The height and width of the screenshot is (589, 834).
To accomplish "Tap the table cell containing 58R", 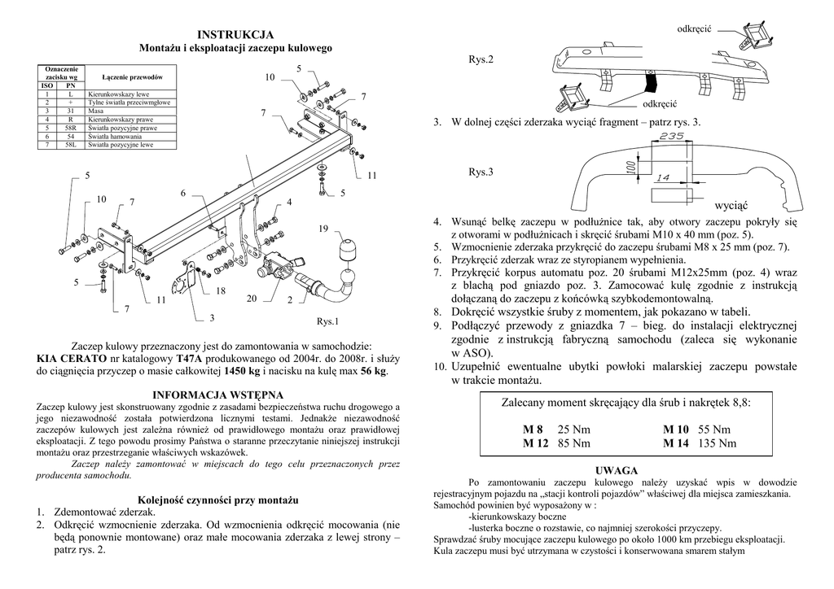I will coord(71,129).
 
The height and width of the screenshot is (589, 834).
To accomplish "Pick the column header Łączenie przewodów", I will coord(132,76).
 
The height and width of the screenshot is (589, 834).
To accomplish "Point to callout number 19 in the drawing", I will coord(323,229).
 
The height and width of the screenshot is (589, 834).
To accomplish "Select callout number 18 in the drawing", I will coord(221,290).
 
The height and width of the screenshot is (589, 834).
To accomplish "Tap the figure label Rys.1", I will coord(326,321).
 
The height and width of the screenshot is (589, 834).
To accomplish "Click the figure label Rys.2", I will coord(481,60).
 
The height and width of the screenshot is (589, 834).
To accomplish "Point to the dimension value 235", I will coord(672,137).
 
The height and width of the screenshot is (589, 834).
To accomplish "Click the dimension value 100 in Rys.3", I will coord(630,166).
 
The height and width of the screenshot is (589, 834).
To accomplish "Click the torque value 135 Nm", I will coord(717,443).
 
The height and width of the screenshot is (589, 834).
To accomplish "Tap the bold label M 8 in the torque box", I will coord(533,430).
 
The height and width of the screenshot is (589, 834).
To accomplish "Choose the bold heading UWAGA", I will coord(615,470).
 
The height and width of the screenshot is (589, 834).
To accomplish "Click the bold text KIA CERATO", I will coord(72,358).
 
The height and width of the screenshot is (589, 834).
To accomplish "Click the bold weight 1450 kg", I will coord(242,371).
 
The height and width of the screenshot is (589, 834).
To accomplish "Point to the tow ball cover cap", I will coord(348,250).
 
